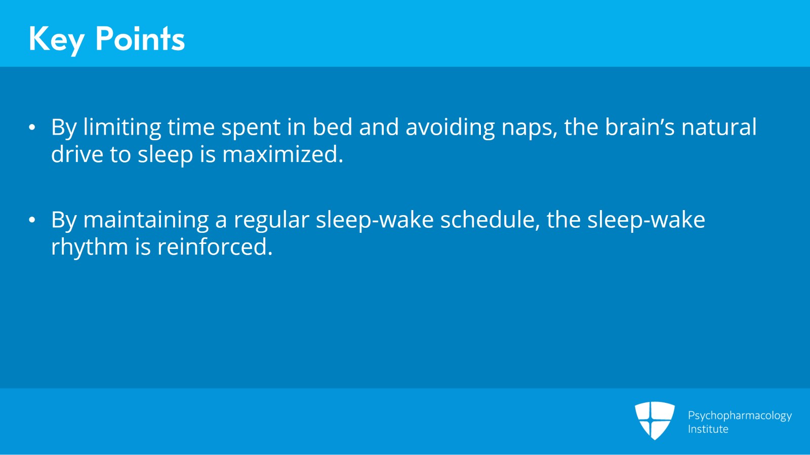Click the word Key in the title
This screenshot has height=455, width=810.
pos(56,39)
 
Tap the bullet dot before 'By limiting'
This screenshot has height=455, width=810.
pos(32,127)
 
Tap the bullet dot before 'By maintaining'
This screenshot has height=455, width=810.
pos(32,220)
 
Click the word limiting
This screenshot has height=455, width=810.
pos(122,127)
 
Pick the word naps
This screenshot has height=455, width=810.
pos(529,128)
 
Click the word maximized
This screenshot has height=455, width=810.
pos(282,154)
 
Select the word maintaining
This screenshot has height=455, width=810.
pos(146,220)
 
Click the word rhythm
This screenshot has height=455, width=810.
pos(90,247)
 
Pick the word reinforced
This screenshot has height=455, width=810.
pos(215,247)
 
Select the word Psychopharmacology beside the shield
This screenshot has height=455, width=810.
pos(739,416)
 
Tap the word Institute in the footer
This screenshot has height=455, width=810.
pos(708,429)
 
